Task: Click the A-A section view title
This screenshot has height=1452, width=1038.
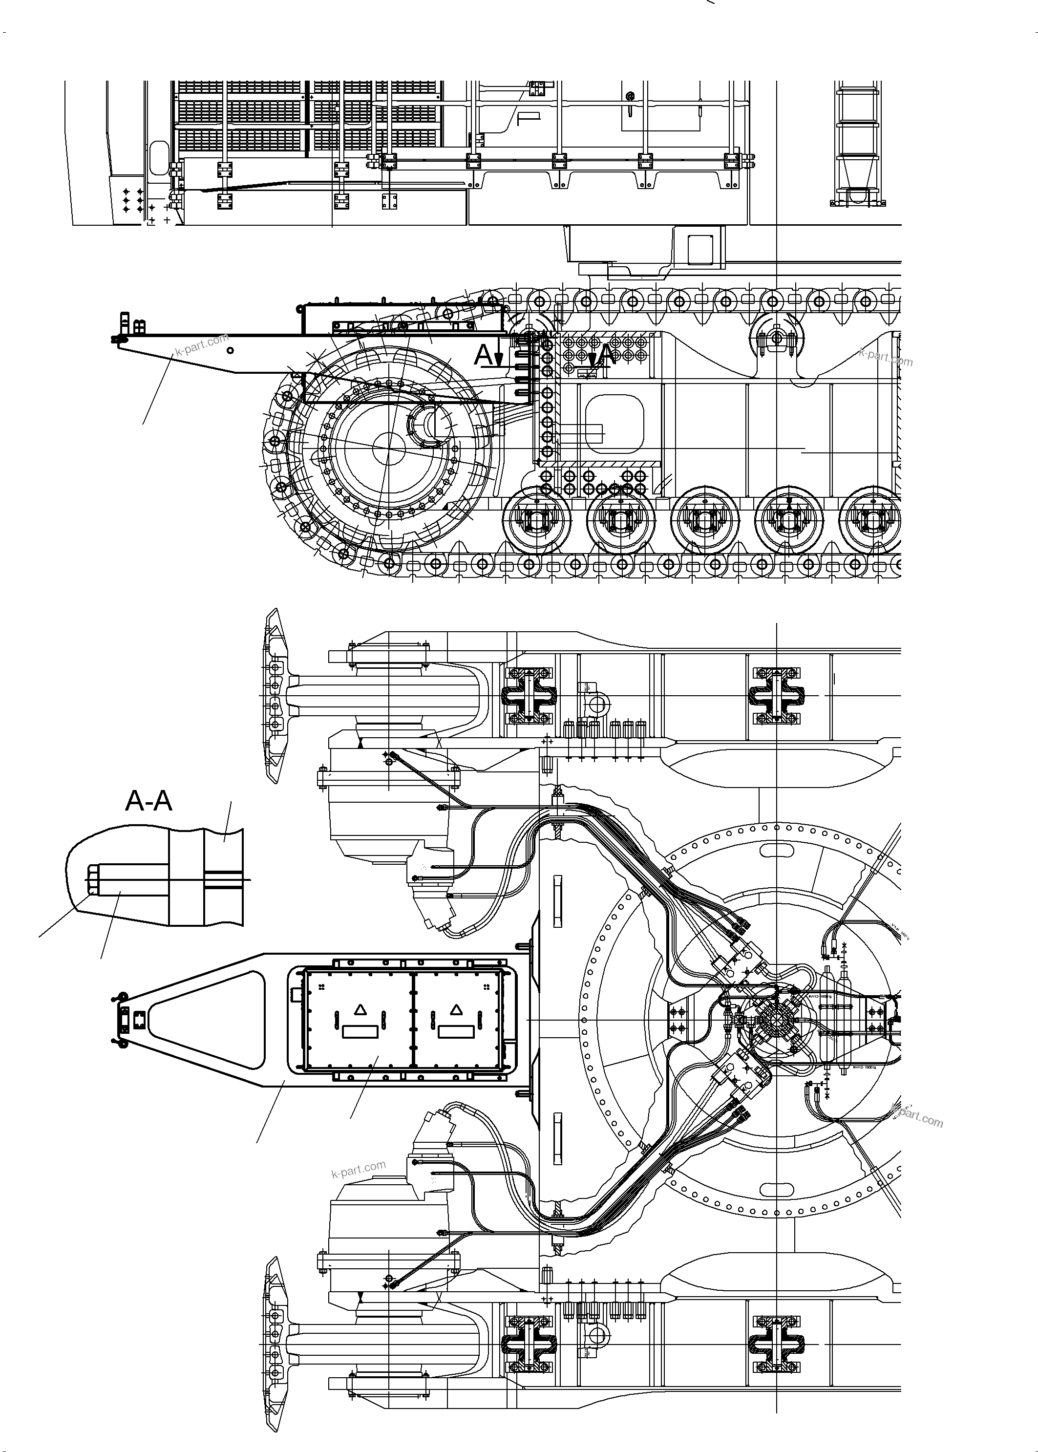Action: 148,801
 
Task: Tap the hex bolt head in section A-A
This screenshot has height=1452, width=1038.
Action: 91,879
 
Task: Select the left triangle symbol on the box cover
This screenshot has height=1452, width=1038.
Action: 360,1010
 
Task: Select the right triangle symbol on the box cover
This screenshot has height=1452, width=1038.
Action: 456,1010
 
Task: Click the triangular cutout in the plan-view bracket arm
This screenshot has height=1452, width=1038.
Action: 217,1020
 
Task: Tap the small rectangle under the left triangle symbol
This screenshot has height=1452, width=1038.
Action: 360,1031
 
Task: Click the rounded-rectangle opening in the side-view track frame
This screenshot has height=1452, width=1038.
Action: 614,423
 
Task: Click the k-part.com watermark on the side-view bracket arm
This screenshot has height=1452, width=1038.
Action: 201,345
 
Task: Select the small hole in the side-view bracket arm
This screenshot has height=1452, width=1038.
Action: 230,350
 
